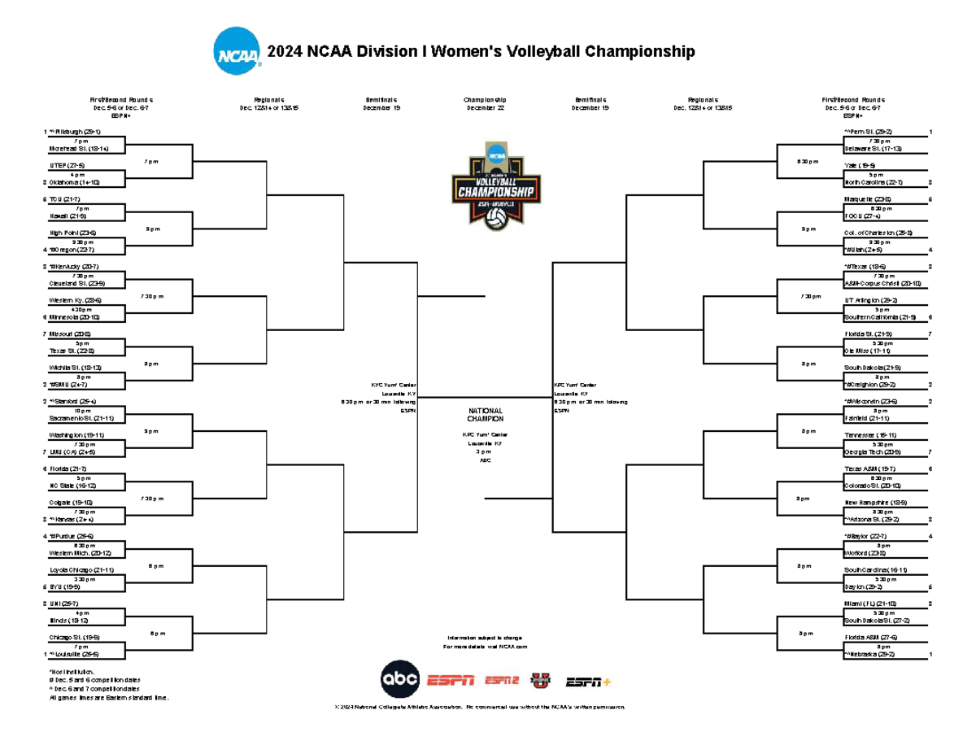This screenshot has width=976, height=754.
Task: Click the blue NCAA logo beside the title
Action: click(x=237, y=52)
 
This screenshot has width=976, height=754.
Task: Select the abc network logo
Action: click(x=401, y=678)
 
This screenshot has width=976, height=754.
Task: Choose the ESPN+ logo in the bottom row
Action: click(x=588, y=681)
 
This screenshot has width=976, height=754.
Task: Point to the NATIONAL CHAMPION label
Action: click(x=485, y=415)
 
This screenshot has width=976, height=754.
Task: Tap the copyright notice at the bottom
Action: click(x=480, y=708)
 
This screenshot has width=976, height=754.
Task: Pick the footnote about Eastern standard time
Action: click(x=109, y=697)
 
